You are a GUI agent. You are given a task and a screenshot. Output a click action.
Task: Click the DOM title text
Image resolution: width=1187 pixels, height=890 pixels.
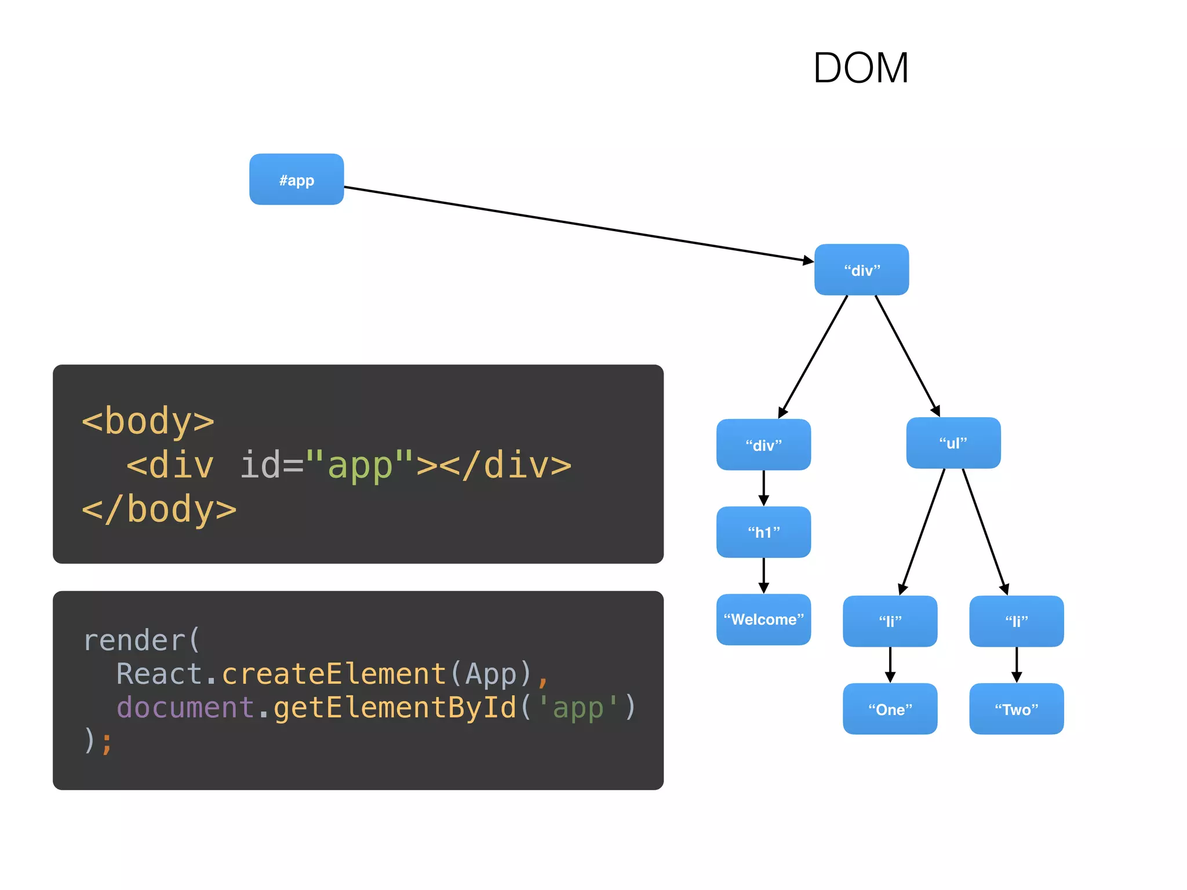[x=860, y=68]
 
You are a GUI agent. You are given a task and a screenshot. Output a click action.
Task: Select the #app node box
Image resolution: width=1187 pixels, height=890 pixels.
[x=296, y=179]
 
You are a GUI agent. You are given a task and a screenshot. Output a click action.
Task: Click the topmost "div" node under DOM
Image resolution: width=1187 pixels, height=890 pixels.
[x=861, y=269]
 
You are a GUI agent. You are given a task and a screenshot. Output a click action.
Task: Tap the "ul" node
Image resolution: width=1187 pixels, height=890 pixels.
[x=953, y=443]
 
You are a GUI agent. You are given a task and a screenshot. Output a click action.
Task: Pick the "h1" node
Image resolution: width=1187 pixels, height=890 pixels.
[x=763, y=532]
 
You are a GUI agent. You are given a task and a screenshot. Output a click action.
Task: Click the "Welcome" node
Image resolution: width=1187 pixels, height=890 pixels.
[x=763, y=619]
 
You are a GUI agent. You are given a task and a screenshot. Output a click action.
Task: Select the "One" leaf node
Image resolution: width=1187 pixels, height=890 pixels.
[x=890, y=709]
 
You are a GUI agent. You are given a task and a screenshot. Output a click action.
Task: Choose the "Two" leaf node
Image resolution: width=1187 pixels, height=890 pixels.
[x=1016, y=709]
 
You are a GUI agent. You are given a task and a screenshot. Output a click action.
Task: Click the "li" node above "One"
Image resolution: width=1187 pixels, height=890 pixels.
[x=890, y=621]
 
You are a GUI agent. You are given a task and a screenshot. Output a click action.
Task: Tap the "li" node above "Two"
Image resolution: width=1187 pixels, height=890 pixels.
[x=1016, y=621]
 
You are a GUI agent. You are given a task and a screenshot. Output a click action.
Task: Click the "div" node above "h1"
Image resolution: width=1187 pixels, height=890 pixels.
[x=763, y=444]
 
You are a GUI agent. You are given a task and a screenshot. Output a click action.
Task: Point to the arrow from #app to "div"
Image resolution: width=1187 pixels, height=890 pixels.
[x=580, y=224]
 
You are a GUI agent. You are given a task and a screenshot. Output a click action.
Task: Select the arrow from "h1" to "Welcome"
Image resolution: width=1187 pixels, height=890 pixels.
[x=763, y=575]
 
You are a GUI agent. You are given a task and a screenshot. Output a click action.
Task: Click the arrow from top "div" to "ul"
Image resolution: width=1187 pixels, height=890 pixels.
[x=907, y=355]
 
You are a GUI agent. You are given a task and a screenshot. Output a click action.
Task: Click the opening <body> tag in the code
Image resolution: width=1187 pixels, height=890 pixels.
[x=148, y=421]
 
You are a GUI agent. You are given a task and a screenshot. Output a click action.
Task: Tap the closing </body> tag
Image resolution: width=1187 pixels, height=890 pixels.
[x=159, y=509]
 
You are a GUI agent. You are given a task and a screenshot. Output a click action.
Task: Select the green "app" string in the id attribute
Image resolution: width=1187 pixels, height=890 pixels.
[x=360, y=465]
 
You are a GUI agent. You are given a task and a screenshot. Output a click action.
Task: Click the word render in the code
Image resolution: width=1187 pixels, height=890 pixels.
[x=134, y=640]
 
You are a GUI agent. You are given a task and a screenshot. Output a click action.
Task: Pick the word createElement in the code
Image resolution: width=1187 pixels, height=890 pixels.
[x=334, y=674]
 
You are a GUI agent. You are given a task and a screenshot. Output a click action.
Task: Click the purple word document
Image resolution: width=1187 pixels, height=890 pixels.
[x=185, y=707]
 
